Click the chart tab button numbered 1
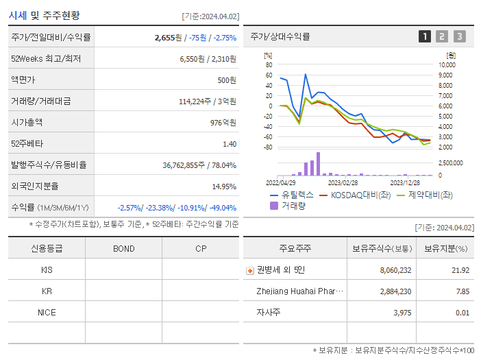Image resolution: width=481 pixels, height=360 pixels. (x=425, y=36)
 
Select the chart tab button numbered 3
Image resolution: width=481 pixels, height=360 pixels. (x=459, y=36)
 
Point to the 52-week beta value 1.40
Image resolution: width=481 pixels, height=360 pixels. (x=229, y=144)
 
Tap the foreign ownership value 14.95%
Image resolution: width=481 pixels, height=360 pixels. (x=223, y=187)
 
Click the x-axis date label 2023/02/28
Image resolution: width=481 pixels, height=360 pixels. (x=343, y=183)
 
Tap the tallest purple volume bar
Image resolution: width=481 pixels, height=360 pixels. (x=318, y=164)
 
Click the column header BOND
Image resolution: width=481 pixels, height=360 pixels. (x=123, y=248)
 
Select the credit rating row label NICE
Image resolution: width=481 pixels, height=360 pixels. (x=47, y=312)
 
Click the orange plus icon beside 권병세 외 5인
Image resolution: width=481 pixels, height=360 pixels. (x=250, y=270)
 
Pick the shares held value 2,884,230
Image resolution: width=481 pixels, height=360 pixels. (x=395, y=291)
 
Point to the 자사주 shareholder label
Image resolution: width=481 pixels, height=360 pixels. (x=269, y=313)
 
